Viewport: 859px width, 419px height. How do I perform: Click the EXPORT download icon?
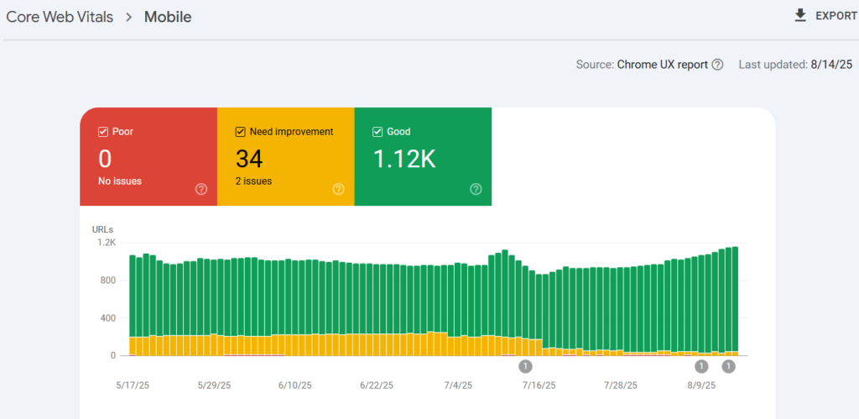(x=800, y=16)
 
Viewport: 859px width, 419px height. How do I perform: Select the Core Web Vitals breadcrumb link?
(x=60, y=17)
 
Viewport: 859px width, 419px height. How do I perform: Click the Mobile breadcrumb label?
(x=168, y=17)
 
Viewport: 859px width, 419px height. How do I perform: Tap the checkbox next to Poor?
(x=102, y=132)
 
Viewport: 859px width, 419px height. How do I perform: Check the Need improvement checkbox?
(x=240, y=132)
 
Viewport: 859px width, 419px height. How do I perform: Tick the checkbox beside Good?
(x=377, y=132)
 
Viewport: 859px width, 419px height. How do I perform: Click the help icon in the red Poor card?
(x=201, y=189)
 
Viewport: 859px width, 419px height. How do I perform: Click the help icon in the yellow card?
(x=339, y=189)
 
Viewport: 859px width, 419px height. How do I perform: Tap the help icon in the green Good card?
(x=476, y=189)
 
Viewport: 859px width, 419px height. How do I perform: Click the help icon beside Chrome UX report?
(x=718, y=65)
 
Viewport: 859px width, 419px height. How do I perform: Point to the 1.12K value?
(x=404, y=159)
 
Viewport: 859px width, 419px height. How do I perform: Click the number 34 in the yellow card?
(x=249, y=159)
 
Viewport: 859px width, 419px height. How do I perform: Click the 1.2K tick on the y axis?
(x=107, y=243)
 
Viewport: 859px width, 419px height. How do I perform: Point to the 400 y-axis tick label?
(x=108, y=318)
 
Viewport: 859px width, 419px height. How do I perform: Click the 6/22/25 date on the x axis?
(x=377, y=385)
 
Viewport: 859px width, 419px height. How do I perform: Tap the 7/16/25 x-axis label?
(x=539, y=385)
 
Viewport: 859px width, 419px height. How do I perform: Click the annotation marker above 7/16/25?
(x=525, y=366)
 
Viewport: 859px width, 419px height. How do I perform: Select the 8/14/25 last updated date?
(x=831, y=65)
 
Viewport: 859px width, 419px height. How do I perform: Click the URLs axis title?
(x=102, y=230)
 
